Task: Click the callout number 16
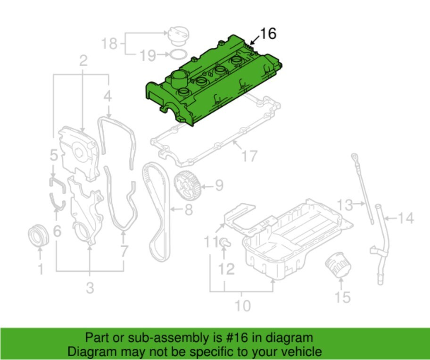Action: coord(267,33)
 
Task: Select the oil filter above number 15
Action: coord(337,267)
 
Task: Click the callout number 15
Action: coord(343,297)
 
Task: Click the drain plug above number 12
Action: coord(224,243)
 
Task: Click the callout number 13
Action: coord(345,205)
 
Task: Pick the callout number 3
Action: coord(90,287)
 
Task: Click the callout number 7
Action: coord(124,251)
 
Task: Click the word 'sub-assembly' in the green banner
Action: coord(159,338)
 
